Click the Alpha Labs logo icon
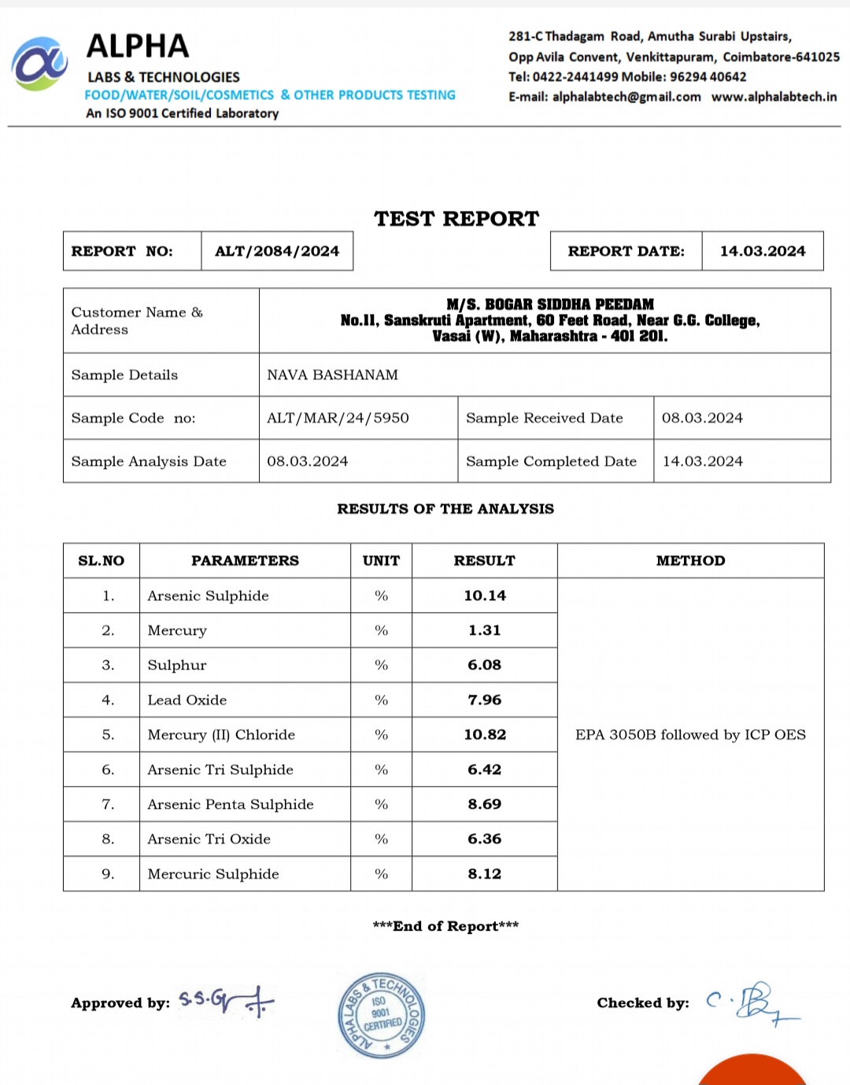[x=39, y=64]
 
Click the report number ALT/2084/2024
[x=277, y=251]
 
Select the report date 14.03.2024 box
[x=762, y=251]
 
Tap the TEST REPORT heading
[x=456, y=219]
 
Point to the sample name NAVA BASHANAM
[x=332, y=375]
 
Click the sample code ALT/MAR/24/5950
[x=338, y=418]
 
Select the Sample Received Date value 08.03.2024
[x=702, y=418]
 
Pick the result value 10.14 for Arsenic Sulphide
[x=485, y=596]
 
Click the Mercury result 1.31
[x=485, y=630]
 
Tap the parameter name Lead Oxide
[x=187, y=700]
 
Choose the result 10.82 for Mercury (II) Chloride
[x=485, y=735]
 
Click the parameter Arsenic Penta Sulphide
[x=231, y=804]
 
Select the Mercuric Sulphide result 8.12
[x=485, y=873]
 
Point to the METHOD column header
[x=690, y=561]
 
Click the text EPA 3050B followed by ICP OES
[x=690, y=735]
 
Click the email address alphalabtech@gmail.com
[x=626, y=97]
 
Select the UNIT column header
[x=381, y=561]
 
